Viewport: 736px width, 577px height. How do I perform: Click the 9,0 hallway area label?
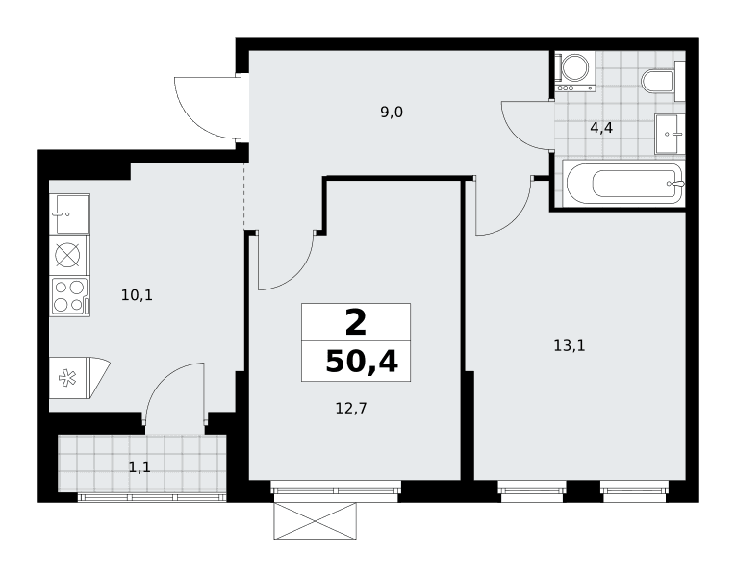[x=392, y=113]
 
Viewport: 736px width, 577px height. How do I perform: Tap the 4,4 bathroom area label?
[x=600, y=128]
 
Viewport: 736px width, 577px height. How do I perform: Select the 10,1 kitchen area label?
[x=137, y=295]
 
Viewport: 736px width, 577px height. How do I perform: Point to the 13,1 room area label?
[x=570, y=346]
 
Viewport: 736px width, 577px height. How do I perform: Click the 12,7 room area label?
[x=350, y=409]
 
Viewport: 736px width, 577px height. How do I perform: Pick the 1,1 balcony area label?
[x=140, y=467]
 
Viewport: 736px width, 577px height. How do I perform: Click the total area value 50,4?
[x=362, y=363]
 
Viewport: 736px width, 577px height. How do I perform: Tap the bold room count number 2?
[x=355, y=323]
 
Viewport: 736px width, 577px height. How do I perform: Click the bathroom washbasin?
[x=670, y=134]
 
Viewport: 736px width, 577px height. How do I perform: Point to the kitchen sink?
[x=70, y=213]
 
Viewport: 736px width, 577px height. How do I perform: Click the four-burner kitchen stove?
[x=70, y=296]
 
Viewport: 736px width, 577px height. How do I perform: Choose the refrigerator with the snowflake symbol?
[x=79, y=378]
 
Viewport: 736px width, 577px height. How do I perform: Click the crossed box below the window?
[x=315, y=521]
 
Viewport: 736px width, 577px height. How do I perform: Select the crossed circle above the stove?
[x=67, y=255]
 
